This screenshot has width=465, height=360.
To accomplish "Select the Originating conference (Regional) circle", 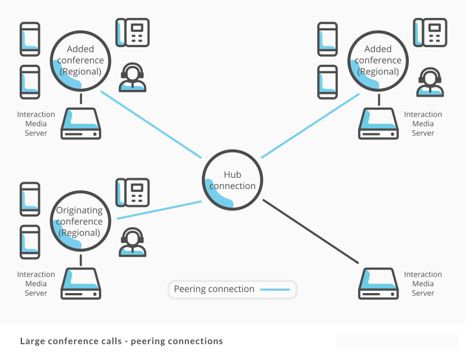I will point(80,221).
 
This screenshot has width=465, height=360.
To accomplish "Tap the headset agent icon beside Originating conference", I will point(132,242).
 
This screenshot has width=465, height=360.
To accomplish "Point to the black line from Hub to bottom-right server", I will point(310,231).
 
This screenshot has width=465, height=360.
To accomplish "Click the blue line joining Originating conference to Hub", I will point(159,210).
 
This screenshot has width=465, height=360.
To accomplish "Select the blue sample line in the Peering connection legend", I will point(275,290).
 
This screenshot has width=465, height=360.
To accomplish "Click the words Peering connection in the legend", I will point(214,289).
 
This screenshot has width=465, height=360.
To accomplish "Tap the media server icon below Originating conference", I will point(81,284).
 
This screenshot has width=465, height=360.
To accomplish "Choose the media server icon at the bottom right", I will point(378,284).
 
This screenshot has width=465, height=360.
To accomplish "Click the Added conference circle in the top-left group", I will point(80,60).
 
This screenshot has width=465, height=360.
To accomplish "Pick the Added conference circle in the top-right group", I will point(378,60).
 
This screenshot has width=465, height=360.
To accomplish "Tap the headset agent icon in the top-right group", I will point(430,83).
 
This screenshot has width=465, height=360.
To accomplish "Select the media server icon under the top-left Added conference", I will point(81,124).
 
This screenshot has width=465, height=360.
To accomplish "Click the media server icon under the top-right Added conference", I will point(378,124).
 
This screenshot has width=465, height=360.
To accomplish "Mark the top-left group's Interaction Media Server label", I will point(36,124).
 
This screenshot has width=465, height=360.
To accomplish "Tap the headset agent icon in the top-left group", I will point(132,78).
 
